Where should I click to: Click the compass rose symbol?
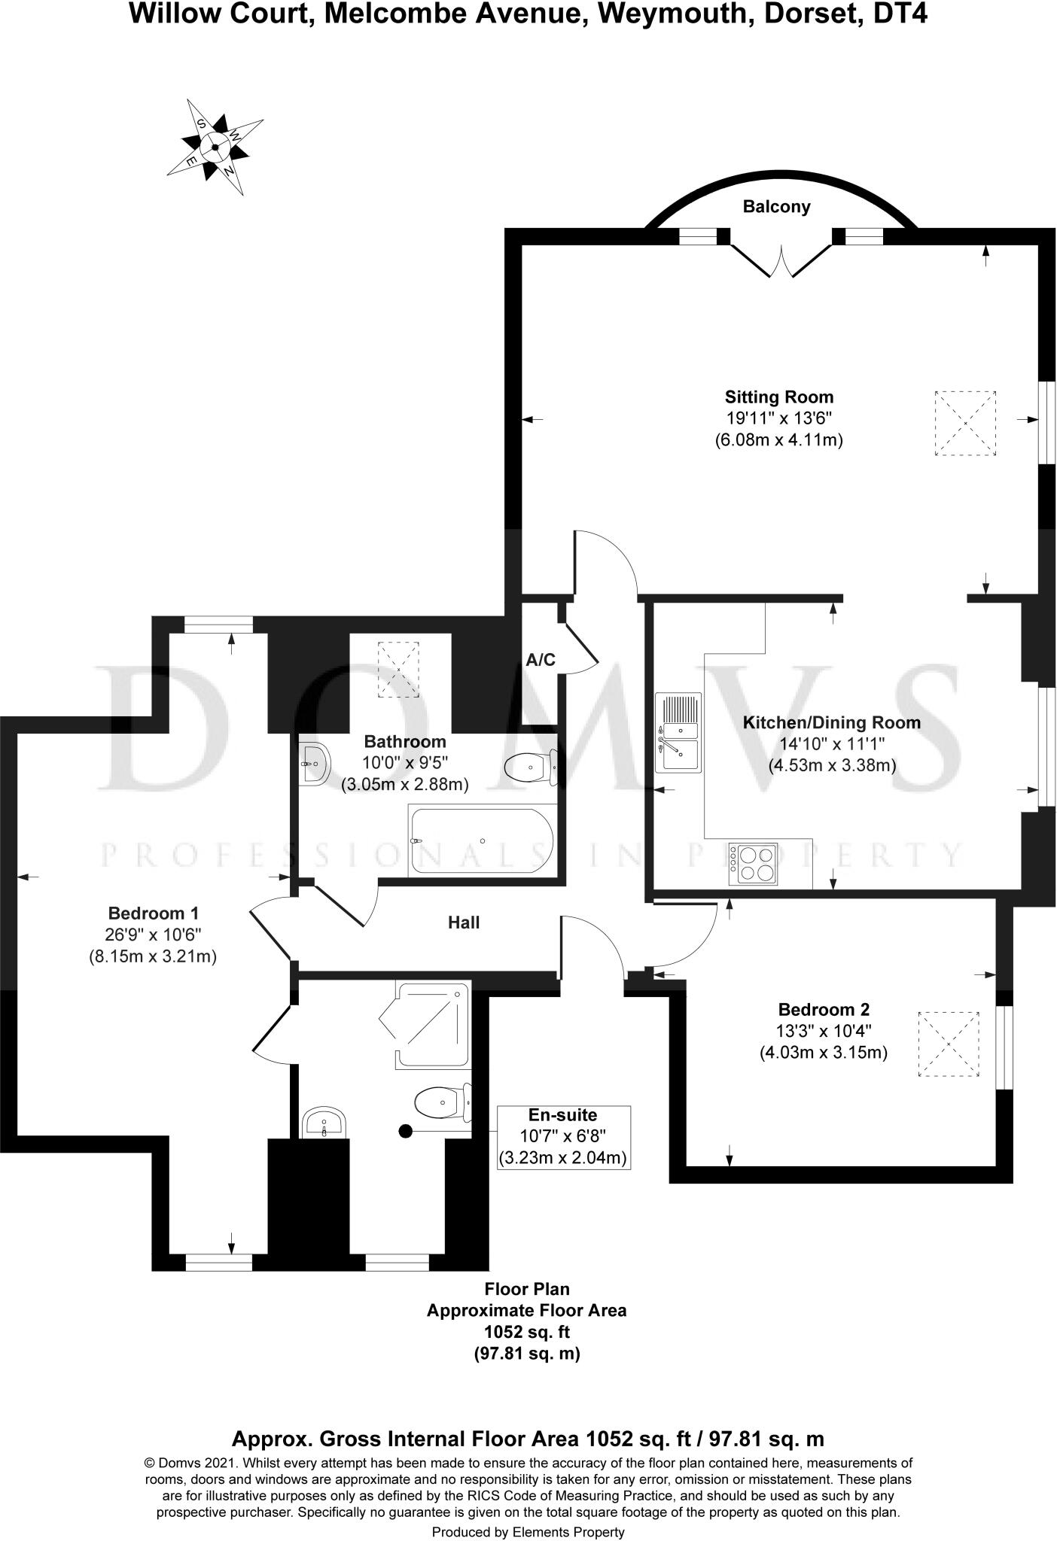(x=215, y=147)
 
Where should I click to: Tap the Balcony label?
(x=776, y=207)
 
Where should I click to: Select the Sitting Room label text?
(x=779, y=397)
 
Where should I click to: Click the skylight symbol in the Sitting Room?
(x=965, y=423)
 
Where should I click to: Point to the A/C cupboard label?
(x=541, y=660)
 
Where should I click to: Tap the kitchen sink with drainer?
(x=678, y=732)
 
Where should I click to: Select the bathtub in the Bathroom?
(x=482, y=841)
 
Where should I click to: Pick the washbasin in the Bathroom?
(x=313, y=764)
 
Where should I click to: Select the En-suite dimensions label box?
(x=563, y=1136)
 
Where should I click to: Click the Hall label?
(x=464, y=922)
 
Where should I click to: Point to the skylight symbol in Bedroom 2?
(x=949, y=1046)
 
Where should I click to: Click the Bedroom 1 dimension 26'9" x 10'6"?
(x=153, y=935)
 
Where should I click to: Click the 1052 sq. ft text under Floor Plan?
(x=526, y=1332)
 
